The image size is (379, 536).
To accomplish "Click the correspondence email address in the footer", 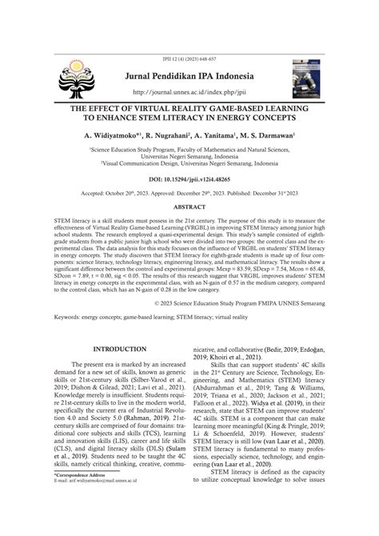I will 94,525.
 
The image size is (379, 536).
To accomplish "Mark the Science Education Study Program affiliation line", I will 189,148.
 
